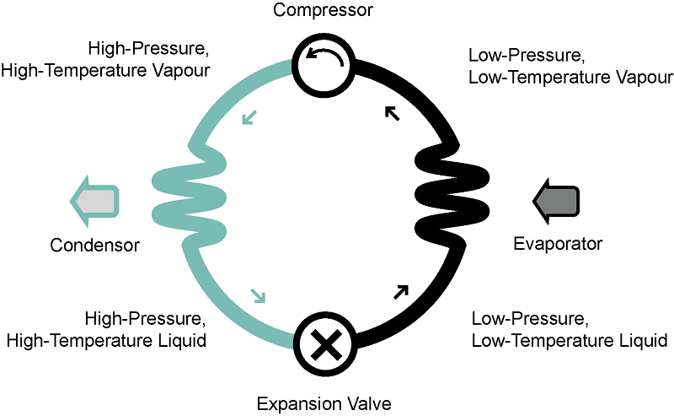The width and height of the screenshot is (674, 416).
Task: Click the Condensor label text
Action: click(94, 246)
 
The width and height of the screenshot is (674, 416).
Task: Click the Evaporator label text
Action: click(559, 244)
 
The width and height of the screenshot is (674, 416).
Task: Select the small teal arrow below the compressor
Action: click(250, 117)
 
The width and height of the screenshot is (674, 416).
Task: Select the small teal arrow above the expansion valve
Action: click(258, 295)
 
